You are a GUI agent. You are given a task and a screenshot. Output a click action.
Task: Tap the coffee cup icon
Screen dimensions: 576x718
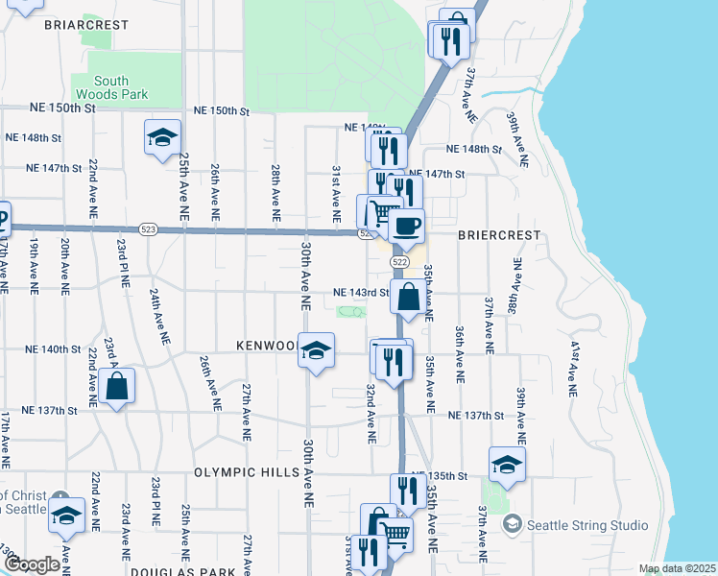(407, 227)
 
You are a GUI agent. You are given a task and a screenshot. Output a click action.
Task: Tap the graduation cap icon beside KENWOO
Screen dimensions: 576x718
(315, 351)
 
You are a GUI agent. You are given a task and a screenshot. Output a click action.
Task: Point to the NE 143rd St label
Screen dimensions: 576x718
(360, 293)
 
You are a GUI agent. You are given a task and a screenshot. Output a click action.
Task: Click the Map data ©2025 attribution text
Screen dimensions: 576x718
(677, 568)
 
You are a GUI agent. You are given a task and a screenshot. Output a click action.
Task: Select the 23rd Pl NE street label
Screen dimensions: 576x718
(125, 268)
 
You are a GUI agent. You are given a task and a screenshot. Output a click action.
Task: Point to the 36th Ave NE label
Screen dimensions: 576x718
(460, 348)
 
